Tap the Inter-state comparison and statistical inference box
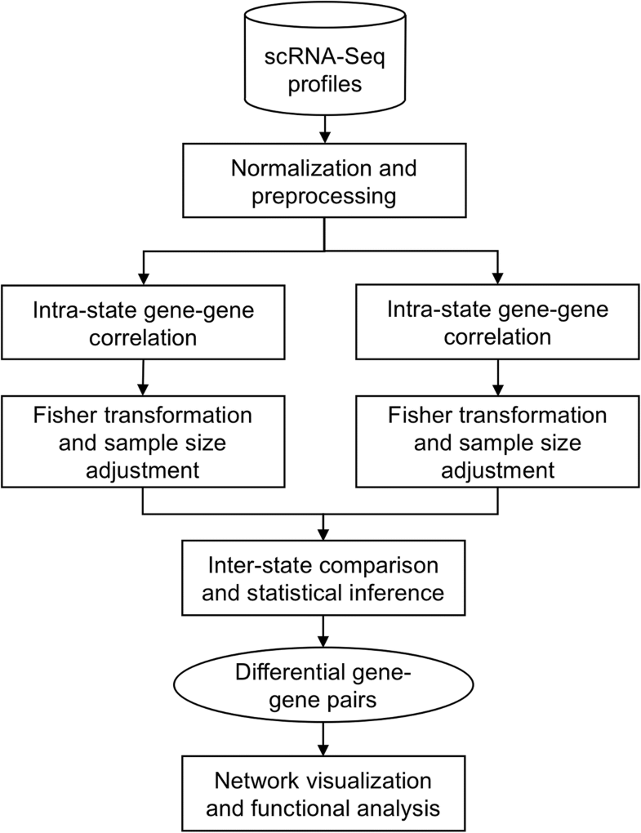[x=324, y=577]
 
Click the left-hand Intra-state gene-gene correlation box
[x=143, y=322]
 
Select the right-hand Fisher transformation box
[x=498, y=442]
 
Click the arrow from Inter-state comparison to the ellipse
[x=325, y=630]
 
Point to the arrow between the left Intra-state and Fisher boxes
[x=143, y=376]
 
